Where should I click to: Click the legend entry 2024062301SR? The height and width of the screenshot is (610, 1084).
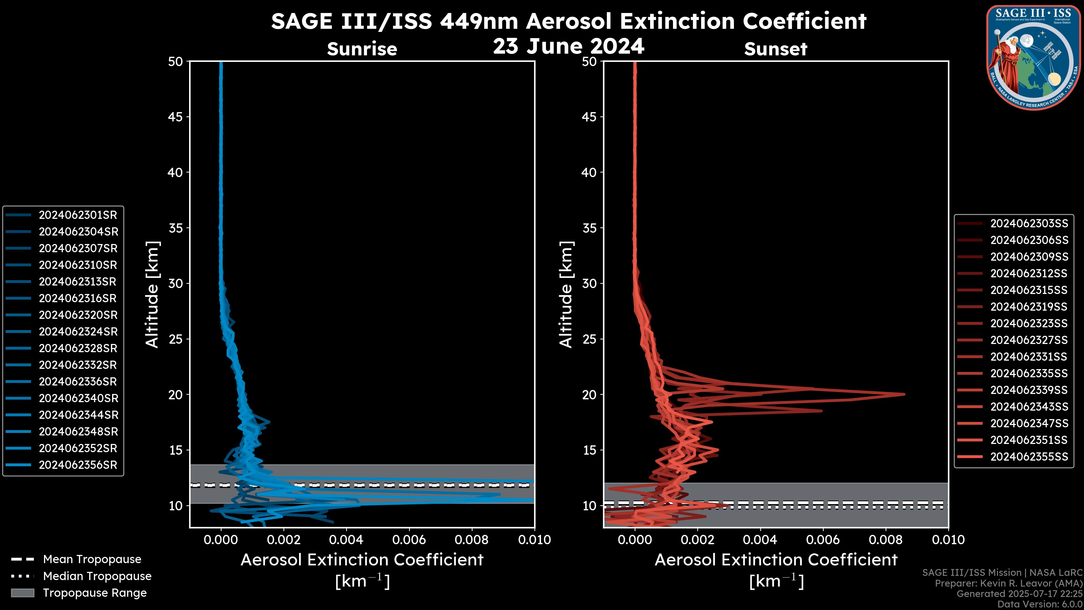78,215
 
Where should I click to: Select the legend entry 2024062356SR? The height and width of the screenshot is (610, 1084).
78,465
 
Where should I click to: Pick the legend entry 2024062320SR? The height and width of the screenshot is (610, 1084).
78,315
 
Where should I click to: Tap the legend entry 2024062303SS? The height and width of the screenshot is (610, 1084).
1029,224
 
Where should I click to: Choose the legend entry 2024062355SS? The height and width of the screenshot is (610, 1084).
1029,457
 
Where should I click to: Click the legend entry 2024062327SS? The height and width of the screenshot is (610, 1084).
1029,340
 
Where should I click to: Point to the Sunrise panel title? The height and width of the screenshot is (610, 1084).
362,49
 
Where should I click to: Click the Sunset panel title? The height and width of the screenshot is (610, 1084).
775,49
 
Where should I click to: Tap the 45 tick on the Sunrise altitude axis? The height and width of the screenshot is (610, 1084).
176,117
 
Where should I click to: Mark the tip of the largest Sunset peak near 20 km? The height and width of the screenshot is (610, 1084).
904,395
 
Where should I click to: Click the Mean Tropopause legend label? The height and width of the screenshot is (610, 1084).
92,559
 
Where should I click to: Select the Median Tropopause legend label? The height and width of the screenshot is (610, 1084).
97,576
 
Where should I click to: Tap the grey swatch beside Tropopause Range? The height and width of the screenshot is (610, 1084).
22,593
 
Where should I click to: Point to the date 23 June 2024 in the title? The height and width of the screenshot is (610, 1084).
569,46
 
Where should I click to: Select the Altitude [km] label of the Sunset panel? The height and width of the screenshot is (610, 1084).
566,295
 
